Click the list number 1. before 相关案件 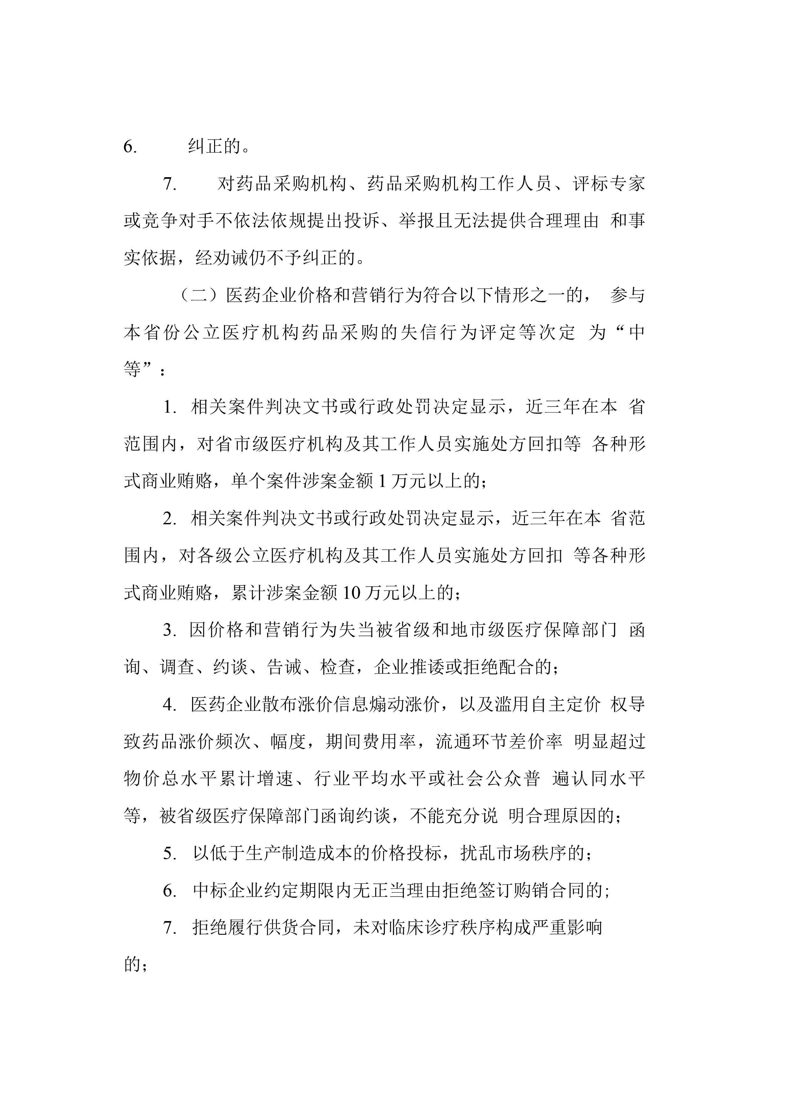(x=170, y=407)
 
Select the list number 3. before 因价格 (x=170, y=630)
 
